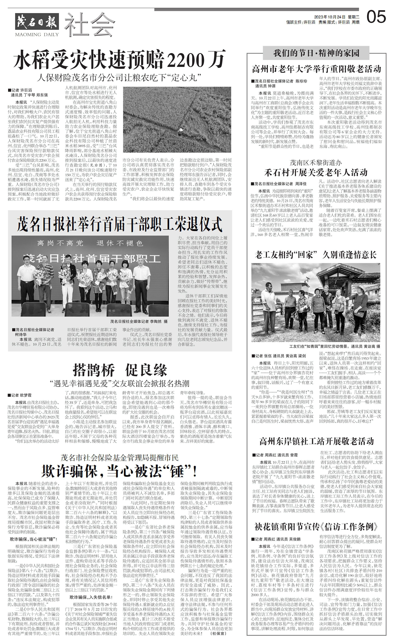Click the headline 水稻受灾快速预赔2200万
coord(120,59)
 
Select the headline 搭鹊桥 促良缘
coord(120,370)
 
